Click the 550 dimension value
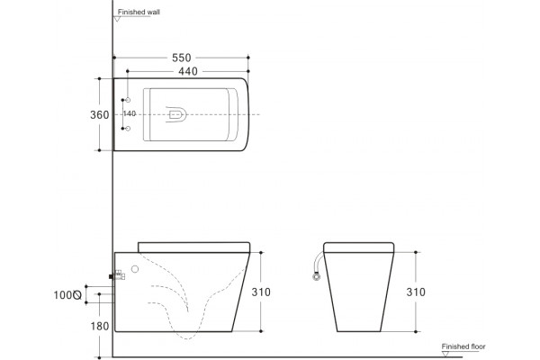coord(182,58)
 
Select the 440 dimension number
coord(188,71)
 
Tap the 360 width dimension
coord(100,114)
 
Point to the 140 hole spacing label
coord(130,113)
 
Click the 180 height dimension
coord(100,326)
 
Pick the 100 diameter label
coord(63,295)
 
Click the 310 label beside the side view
coord(261,292)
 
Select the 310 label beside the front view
coord(416,292)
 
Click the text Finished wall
coord(139,12)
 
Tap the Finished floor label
coord(463,346)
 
